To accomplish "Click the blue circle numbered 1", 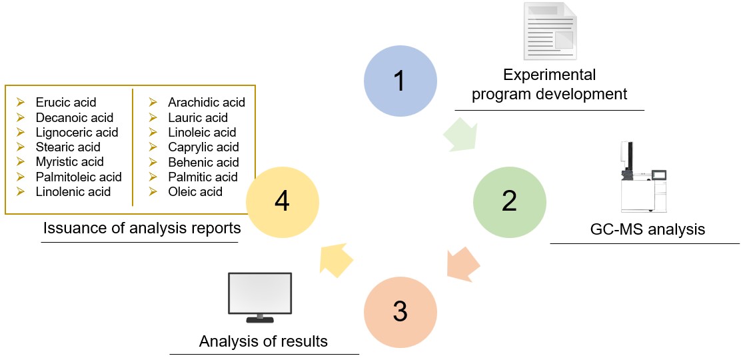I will [400, 81].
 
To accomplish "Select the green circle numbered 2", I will [510, 201].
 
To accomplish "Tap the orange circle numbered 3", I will [400, 311].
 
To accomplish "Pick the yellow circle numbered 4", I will [283, 201].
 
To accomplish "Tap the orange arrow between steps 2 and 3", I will [462, 263].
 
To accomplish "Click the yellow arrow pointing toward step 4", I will [337, 259].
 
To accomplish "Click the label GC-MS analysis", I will [647, 230].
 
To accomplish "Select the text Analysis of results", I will [263, 341].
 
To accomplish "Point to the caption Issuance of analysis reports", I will [142, 228].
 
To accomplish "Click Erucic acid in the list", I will [66, 103].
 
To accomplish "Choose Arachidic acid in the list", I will [207, 103].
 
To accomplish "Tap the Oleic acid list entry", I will [195, 191].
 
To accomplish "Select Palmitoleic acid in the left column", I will [79, 177].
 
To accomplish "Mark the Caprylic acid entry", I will [203, 147].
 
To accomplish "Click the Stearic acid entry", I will [68, 147].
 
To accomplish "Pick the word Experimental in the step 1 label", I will [549, 75].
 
